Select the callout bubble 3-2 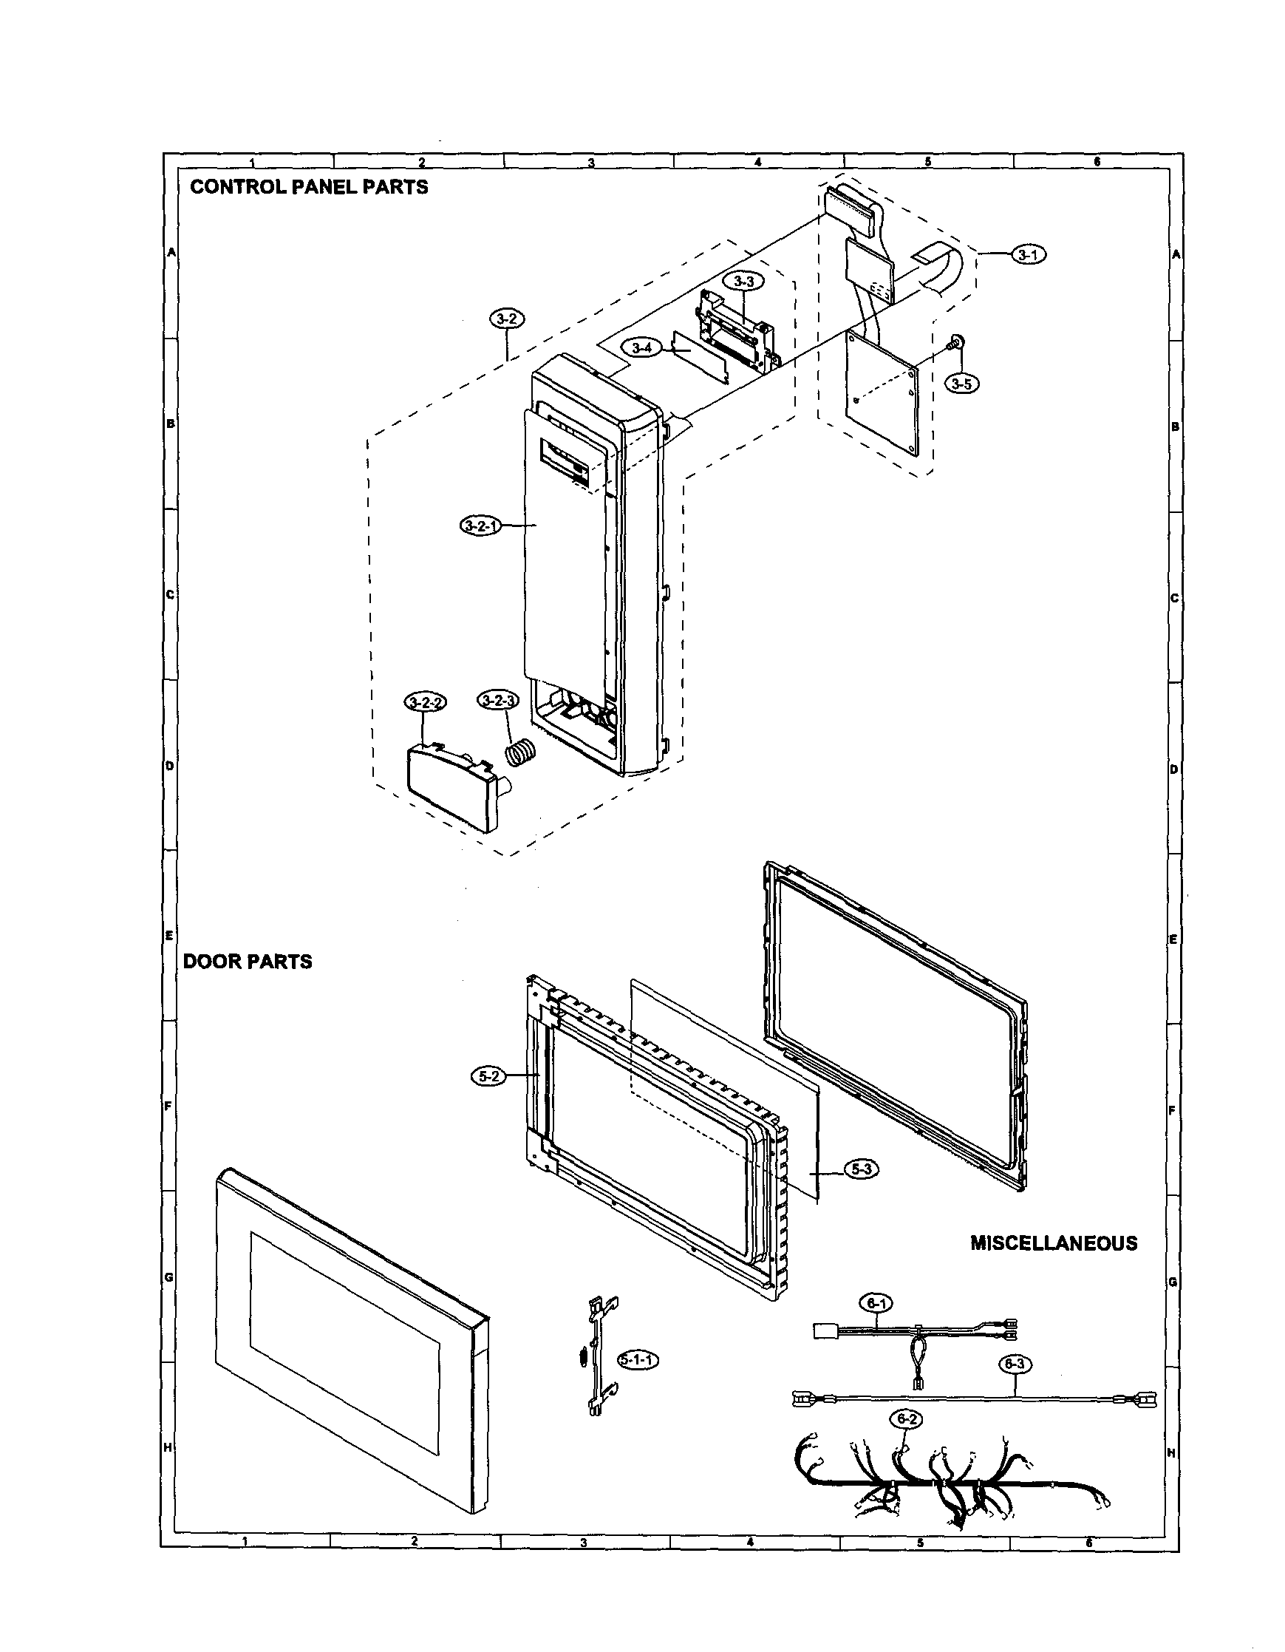506,320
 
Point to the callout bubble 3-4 641,348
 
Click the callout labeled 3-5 961,384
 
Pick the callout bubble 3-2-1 480,525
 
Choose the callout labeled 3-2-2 425,703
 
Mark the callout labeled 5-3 861,1169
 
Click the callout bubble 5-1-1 638,1359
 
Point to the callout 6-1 876,1303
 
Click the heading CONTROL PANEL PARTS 309,187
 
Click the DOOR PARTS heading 248,962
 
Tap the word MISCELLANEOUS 1054,1243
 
